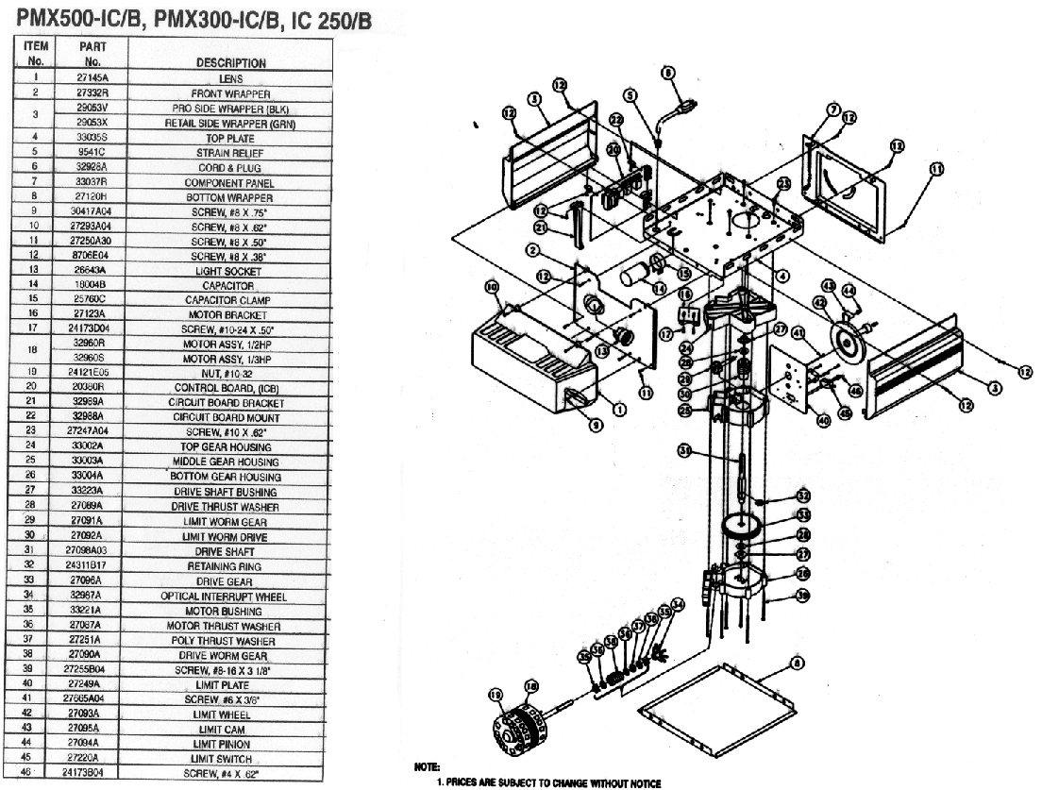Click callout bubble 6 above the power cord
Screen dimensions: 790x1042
pyautogui.click(x=668, y=72)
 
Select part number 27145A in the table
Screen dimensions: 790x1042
pyautogui.click(x=90, y=78)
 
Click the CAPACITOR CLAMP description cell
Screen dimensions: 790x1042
pyautogui.click(x=230, y=300)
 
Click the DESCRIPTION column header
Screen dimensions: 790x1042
pyautogui.click(x=230, y=63)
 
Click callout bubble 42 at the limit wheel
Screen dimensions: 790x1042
pyautogui.click(x=819, y=303)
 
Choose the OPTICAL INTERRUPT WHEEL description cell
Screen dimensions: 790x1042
pyautogui.click(x=230, y=597)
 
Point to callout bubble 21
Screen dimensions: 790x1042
pyautogui.click(x=540, y=228)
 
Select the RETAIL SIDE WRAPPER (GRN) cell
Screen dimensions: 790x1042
pyautogui.click(x=230, y=123)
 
